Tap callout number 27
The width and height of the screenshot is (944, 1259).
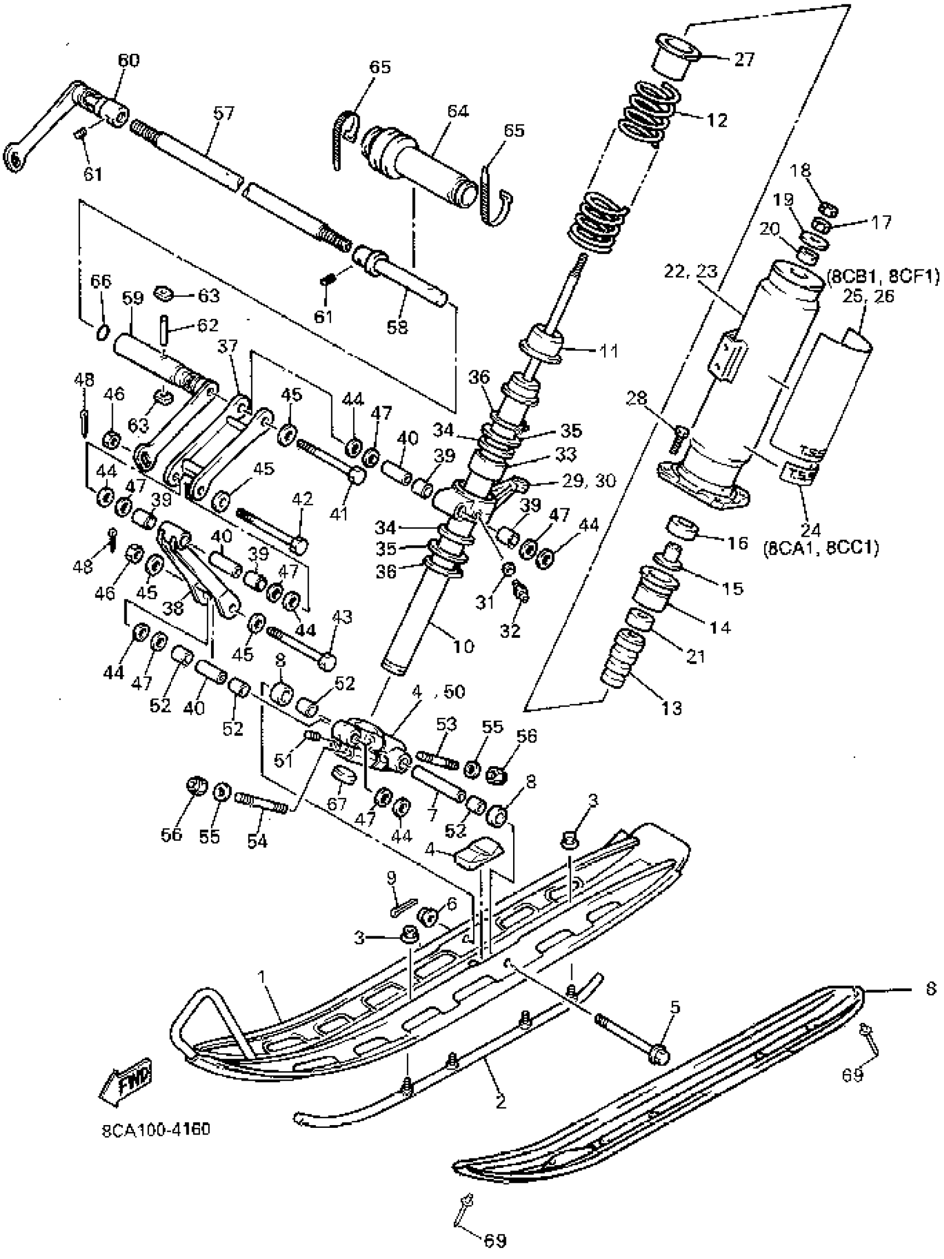pos(744,59)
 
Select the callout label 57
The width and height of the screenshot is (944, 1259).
pos(223,114)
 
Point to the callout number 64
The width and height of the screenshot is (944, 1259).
pos(457,112)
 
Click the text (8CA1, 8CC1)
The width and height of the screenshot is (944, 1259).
pos(821,549)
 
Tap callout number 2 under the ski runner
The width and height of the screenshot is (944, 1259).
pos(500,1102)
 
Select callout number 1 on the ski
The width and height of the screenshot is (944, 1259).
pos(262,976)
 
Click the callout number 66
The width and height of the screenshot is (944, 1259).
pos(102,281)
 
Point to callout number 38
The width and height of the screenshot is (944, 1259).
pos(173,608)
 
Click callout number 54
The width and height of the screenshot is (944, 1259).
pos(257,841)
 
